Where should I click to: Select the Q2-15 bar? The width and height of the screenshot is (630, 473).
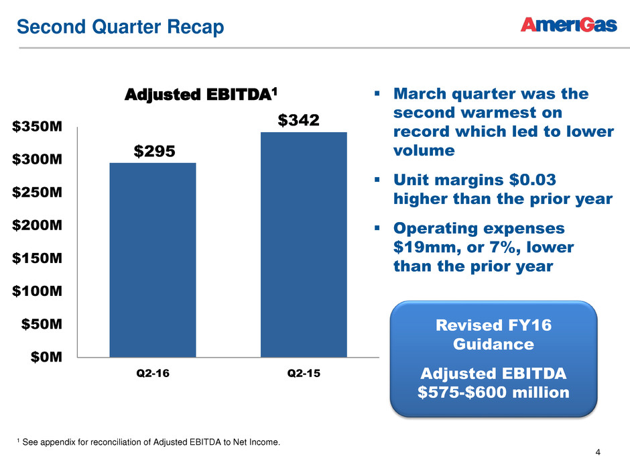[304, 244]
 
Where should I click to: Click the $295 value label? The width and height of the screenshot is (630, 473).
[153, 152]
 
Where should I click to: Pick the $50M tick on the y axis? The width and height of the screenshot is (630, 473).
[44, 324]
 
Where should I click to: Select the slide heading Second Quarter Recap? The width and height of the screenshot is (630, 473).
[120, 27]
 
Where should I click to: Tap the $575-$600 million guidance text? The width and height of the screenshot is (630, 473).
[493, 391]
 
